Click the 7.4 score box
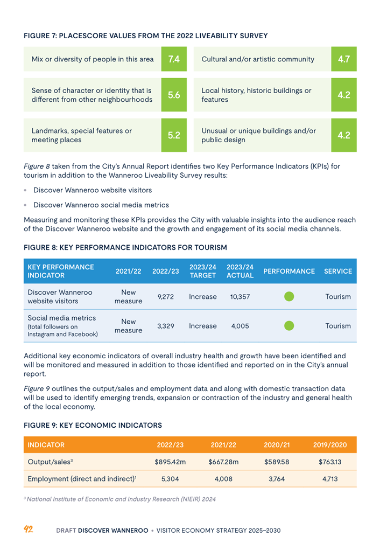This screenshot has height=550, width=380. point(174,59)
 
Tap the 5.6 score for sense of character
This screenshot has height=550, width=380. point(174,95)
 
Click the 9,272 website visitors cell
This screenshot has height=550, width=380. point(165,297)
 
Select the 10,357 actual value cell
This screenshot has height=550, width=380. point(237,297)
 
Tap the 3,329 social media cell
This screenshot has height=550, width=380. point(165,326)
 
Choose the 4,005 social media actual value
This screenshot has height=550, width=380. point(237,326)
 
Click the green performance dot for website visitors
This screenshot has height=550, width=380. point(289,297)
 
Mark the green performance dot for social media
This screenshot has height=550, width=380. point(289,325)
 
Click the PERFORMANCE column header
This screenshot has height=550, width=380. point(289,271)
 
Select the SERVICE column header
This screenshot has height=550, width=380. point(338,271)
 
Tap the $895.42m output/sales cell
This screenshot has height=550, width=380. point(170,462)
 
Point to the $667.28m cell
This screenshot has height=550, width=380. point(223,462)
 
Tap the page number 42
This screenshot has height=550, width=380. point(29,530)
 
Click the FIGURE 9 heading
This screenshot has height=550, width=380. point(93,425)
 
